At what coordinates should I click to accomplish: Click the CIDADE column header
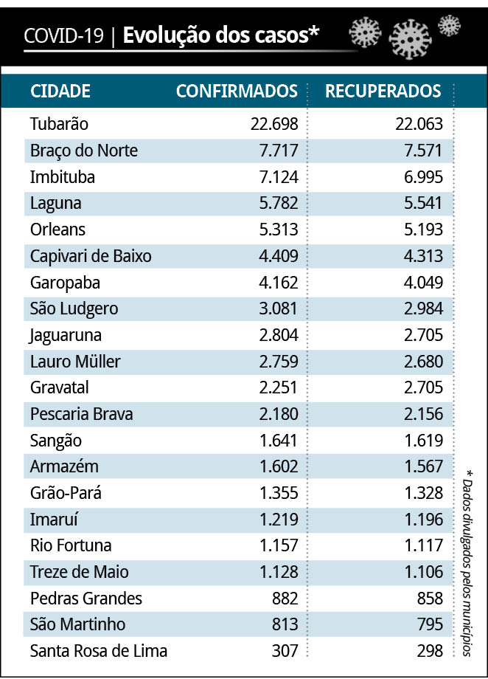pos(60,91)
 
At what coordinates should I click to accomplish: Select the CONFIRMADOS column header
pos(237,91)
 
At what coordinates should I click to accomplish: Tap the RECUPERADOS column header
pos(383,91)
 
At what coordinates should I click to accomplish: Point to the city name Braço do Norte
pos(84,151)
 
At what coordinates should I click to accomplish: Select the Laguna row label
pos(56,204)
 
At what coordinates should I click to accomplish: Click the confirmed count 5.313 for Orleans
pos(278,230)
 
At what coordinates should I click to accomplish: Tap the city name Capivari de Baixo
pos(91,256)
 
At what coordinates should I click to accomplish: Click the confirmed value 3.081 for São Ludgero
pos(278,309)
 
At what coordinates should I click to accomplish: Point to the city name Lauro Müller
pos(75,362)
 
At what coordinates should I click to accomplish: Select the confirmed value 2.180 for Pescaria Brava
pos(278,414)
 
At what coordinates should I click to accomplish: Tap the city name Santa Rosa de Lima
pos(99,651)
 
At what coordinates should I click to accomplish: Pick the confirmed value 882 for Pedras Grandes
pos(284,599)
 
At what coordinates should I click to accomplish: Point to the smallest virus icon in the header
pos(449,26)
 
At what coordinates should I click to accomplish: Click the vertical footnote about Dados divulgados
pos(468,561)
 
